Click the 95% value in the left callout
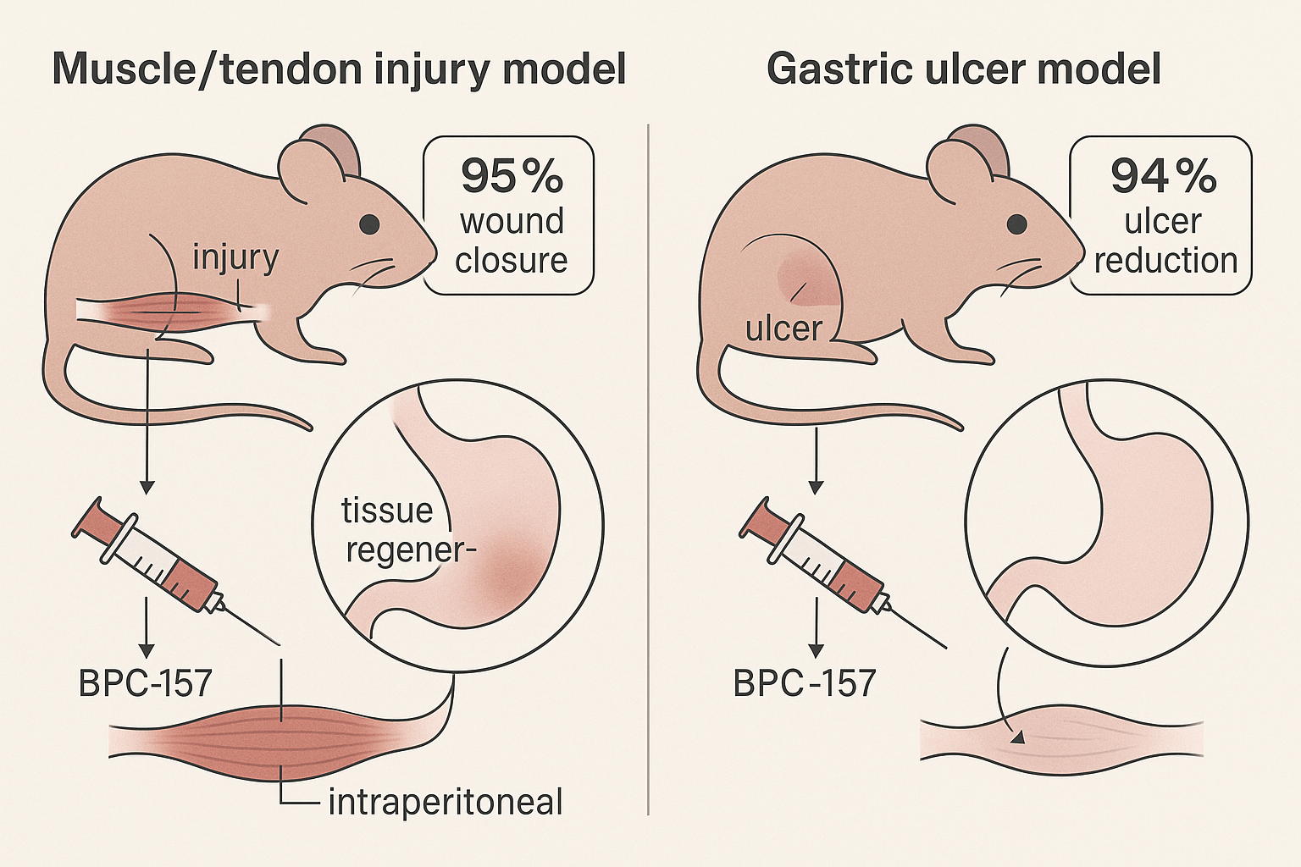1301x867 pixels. [x=512, y=176]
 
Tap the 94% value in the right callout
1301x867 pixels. [x=1163, y=176]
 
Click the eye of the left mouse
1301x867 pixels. [x=369, y=224]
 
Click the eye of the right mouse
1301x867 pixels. [x=1016, y=224]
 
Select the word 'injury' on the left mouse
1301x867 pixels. [x=235, y=257]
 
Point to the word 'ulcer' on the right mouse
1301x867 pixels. [x=783, y=329]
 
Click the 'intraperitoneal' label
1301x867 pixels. [x=446, y=802]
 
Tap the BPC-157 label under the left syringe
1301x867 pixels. [x=145, y=683]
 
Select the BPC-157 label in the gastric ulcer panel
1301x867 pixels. [x=804, y=683]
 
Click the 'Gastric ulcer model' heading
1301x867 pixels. [x=963, y=69]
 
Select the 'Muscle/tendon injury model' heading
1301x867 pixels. [x=339, y=69]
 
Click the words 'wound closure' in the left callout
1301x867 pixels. [x=512, y=240]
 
